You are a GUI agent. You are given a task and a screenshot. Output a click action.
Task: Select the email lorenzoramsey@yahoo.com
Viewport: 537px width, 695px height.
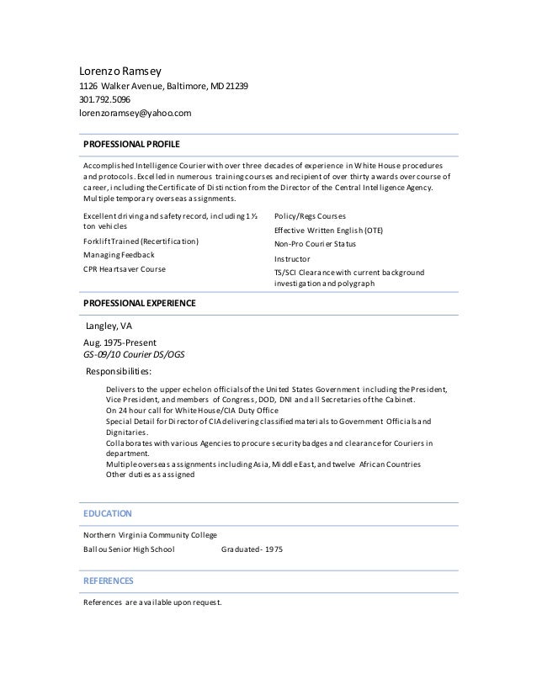click(135, 113)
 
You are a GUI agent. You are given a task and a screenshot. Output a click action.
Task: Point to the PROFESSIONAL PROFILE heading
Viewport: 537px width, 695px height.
click(131, 145)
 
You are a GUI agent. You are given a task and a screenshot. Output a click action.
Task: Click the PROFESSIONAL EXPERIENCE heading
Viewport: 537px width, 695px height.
click(139, 302)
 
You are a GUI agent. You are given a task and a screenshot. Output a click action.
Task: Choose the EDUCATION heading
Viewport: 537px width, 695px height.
click(107, 512)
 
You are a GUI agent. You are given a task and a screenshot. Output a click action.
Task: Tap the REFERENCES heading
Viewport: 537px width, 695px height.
click(109, 581)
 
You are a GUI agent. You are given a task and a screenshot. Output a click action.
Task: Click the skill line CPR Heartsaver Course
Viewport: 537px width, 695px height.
click(125, 269)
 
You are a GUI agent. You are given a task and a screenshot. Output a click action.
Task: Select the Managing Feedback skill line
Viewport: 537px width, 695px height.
click(119, 255)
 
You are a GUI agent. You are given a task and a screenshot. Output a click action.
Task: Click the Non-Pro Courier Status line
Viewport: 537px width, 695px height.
click(316, 244)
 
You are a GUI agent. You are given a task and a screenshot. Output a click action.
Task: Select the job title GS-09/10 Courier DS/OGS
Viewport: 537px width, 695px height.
click(133, 355)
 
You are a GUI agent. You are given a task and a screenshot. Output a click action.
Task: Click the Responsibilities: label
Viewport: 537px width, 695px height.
click(120, 371)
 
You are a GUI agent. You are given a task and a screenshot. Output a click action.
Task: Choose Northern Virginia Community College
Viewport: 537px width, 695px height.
click(150, 535)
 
